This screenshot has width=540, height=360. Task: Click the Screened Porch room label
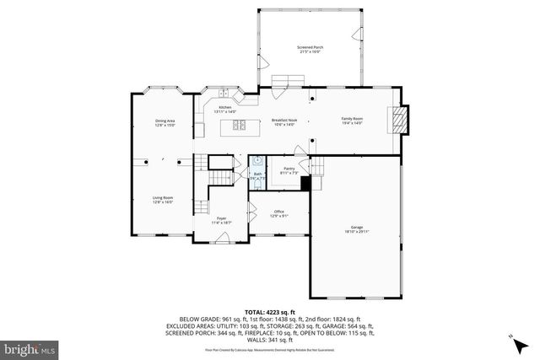coord(310,46)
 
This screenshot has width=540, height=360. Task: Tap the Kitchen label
coord(224,107)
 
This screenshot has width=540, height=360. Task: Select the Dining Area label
coord(165,121)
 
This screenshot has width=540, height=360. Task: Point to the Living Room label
coord(163,197)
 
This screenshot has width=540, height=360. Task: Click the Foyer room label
coord(221,218)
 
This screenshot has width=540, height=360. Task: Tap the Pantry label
coord(289,169)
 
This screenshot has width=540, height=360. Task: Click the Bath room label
coord(257,175)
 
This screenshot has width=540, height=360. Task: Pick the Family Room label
coord(352,119)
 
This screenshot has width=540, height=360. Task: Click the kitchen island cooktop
coord(237,127)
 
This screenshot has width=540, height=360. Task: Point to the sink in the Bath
coord(255,164)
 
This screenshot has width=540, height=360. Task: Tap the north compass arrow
coord(512,338)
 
